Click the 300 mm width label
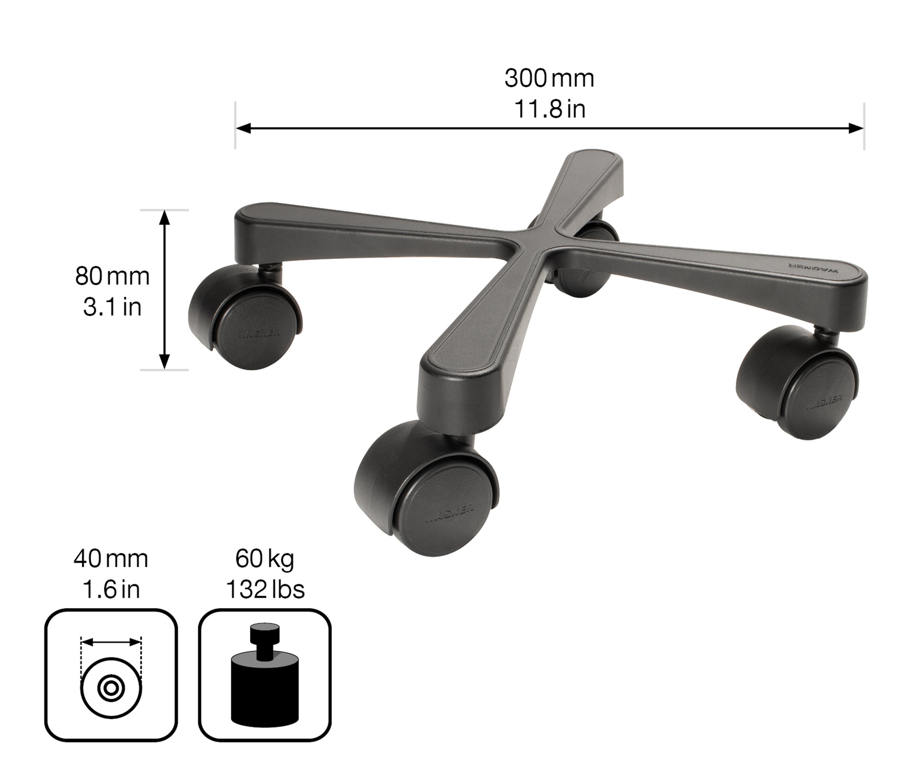point(549,79)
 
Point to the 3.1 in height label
point(112,307)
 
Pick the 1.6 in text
point(111,590)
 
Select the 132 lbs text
point(265,590)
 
